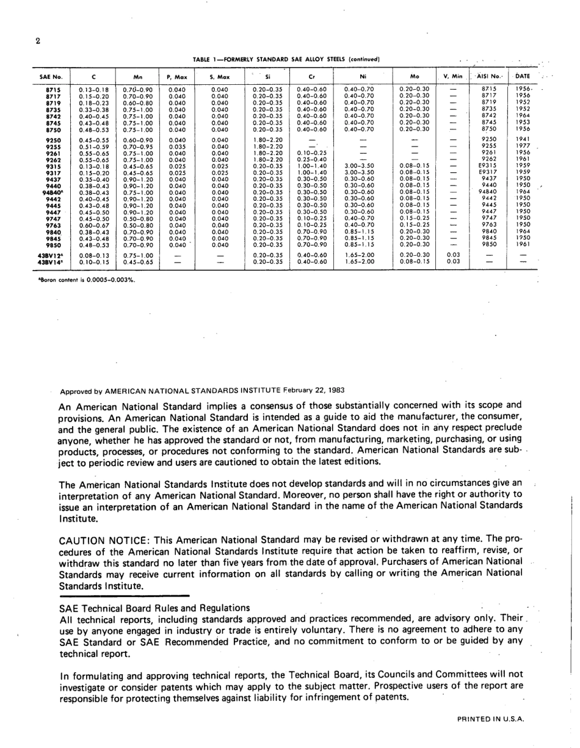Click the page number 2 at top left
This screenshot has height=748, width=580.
pos(38,42)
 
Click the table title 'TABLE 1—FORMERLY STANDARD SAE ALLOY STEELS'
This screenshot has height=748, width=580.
pos(286,59)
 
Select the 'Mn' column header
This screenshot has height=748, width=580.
pos(137,77)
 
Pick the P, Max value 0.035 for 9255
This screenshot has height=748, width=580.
pos(176,147)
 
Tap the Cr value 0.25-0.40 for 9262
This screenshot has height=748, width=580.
pos(311,159)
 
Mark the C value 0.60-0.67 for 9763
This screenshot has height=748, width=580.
pos(93,224)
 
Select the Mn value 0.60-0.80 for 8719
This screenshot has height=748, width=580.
pos(137,102)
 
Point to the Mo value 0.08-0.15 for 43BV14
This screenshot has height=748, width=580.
pos(414,261)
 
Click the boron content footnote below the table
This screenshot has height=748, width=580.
pos(87,280)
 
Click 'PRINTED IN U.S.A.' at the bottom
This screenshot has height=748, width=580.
pos(490,719)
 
